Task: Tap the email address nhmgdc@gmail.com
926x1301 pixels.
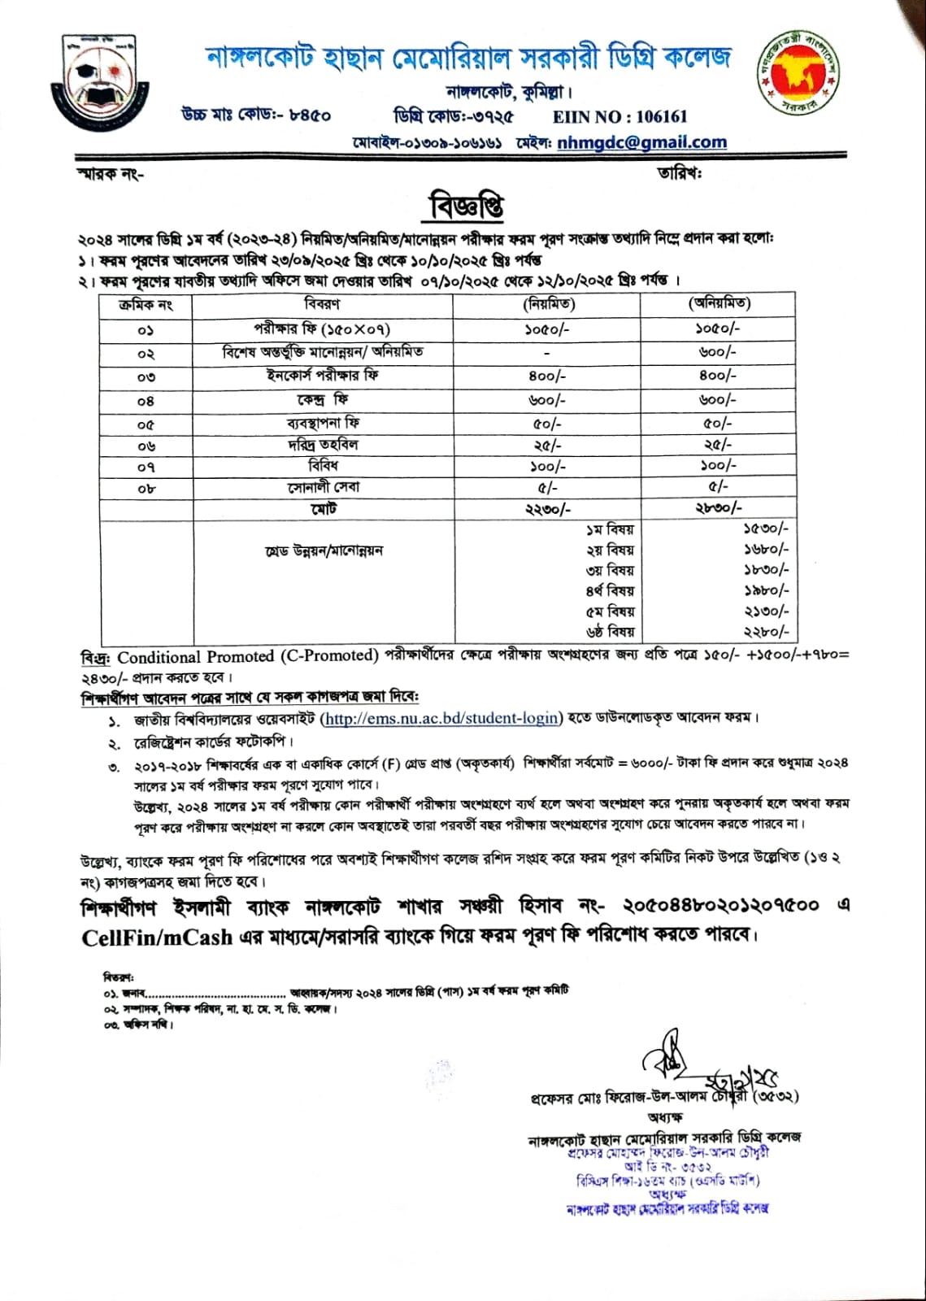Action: tap(642, 142)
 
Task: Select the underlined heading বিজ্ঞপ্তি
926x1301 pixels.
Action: tap(467, 207)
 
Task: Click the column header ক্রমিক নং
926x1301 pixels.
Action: tap(146, 305)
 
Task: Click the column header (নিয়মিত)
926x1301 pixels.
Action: tap(548, 304)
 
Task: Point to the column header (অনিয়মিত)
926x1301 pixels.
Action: tap(719, 303)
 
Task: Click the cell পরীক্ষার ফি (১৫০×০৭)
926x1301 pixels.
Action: tap(322, 329)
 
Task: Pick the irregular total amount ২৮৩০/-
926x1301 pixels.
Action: tap(718, 508)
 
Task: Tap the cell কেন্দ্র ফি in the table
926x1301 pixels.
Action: tap(322, 400)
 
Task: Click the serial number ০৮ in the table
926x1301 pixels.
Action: tap(146, 489)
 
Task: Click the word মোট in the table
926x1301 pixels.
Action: tap(323, 509)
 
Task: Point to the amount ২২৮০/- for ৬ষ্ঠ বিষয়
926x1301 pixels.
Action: tap(766, 632)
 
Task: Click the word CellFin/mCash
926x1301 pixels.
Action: tap(157, 938)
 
